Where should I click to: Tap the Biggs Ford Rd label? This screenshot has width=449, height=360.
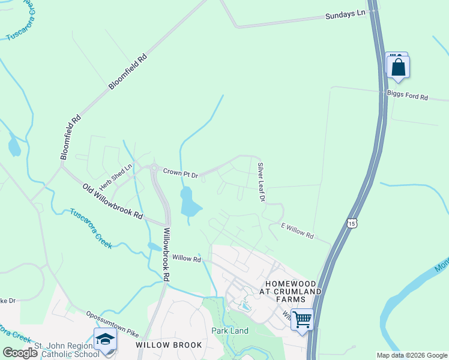407,96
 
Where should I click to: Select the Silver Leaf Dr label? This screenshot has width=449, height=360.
261,181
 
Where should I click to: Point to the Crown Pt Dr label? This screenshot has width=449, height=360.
181,173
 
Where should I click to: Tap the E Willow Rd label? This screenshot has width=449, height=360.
298,231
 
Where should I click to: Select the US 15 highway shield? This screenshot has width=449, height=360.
351,223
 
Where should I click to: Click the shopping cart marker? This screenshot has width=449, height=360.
303,319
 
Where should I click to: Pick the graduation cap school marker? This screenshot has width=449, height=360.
105,339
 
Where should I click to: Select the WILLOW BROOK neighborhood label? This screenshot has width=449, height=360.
163,345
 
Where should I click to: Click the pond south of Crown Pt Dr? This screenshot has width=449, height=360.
189,202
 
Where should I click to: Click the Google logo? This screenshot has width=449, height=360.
20,353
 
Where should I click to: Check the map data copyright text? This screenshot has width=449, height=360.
411,355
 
